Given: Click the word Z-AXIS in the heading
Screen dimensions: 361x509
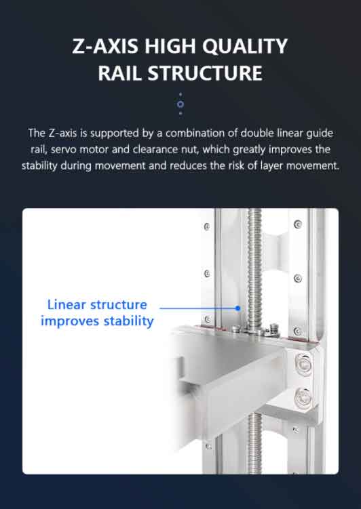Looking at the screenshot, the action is pyautogui.click(x=105, y=46).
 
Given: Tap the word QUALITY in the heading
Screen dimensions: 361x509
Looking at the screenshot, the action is pyautogui.click(x=245, y=46).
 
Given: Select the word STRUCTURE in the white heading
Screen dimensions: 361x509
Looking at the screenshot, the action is pyautogui.click(x=205, y=73).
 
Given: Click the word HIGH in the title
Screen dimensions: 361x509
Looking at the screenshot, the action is pyautogui.click(x=170, y=46).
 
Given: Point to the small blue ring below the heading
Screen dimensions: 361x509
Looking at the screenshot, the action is pyautogui.click(x=180, y=104).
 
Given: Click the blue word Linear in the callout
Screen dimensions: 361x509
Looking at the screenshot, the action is pyautogui.click(x=66, y=304).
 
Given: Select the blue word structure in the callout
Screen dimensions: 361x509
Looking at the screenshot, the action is pyautogui.click(x=119, y=305).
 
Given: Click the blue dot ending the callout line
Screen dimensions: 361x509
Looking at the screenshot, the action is pyautogui.click(x=238, y=308).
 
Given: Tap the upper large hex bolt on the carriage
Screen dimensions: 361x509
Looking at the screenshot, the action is pyautogui.click(x=303, y=364).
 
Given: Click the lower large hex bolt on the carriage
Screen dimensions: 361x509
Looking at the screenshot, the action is pyautogui.click(x=303, y=398).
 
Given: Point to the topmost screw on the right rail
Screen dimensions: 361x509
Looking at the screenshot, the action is pyautogui.click(x=298, y=224).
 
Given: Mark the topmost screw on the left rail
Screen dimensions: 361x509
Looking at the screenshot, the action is pyautogui.click(x=207, y=226).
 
